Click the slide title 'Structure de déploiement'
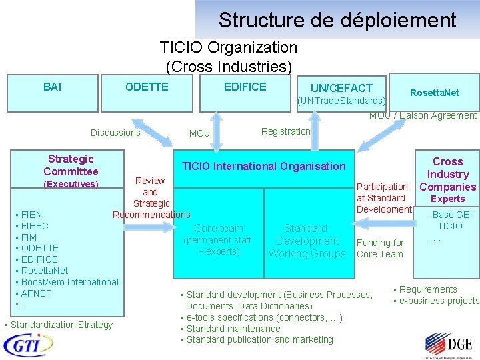tap(337, 20)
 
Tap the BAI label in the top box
tap(52, 87)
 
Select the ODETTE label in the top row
tap(147, 87)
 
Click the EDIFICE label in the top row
tap(245, 87)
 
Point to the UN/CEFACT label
tap(341, 88)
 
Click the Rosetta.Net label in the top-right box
tap(435, 93)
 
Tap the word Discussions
tap(115, 133)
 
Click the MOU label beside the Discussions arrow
tap(199, 133)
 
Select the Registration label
tap(285, 131)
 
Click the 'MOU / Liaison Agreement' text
tap(423, 115)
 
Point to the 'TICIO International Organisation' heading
tap(264, 166)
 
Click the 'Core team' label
tap(219, 228)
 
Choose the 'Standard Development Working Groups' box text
tap(307, 241)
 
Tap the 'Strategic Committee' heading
tap(71, 165)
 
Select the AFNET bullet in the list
tap(36, 293)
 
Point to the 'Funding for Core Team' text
tap(380, 248)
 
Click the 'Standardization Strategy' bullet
tap(61, 325)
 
